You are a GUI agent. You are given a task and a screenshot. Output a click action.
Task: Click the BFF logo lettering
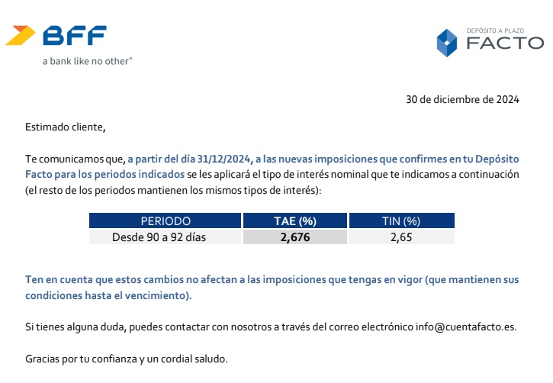pyautogui.click(x=74, y=35)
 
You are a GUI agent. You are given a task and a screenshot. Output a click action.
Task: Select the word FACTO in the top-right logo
pyautogui.click(x=505, y=44)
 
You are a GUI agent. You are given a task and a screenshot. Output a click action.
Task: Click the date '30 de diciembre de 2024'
pyautogui.click(x=462, y=99)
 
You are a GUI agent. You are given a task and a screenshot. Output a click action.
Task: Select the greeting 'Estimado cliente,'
pyautogui.click(x=65, y=127)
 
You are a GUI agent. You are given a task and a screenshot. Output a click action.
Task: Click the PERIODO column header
pyautogui.click(x=165, y=221)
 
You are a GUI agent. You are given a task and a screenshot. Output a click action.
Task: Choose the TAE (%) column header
pyautogui.click(x=294, y=221)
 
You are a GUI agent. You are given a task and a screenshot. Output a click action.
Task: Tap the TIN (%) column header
pyautogui.click(x=400, y=221)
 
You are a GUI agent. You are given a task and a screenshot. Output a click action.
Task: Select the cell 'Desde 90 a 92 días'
pyautogui.click(x=159, y=237)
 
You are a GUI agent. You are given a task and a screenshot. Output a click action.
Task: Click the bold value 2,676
pyautogui.click(x=294, y=237)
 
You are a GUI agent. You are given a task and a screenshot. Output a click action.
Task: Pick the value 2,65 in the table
pyautogui.click(x=400, y=237)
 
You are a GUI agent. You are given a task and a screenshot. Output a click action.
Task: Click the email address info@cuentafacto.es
pyautogui.click(x=466, y=327)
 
